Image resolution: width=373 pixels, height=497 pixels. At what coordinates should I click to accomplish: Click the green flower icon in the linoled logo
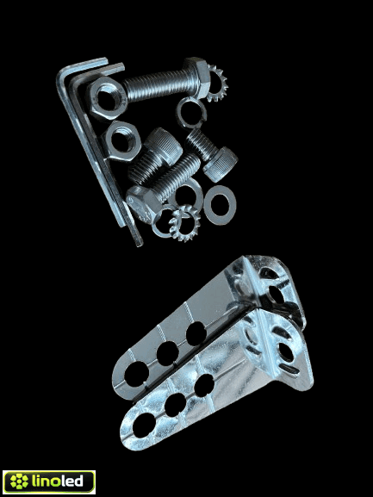(x=19, y=481)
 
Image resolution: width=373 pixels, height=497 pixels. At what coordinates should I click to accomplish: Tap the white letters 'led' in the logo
(x=71, y=481)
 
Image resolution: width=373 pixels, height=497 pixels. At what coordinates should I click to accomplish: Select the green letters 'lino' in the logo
(x=45, y=481)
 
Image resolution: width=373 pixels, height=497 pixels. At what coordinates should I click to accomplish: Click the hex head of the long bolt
(x=196, y=77)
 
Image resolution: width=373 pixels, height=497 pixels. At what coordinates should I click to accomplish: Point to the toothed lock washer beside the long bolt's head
(x=218, y=83)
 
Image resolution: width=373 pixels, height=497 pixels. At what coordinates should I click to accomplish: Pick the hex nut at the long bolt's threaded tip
(x=108, y=97)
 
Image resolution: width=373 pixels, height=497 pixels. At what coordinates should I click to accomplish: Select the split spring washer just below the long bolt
(x=191, y=112)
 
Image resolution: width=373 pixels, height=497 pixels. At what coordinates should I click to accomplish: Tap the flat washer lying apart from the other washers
(x=220, y=205)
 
